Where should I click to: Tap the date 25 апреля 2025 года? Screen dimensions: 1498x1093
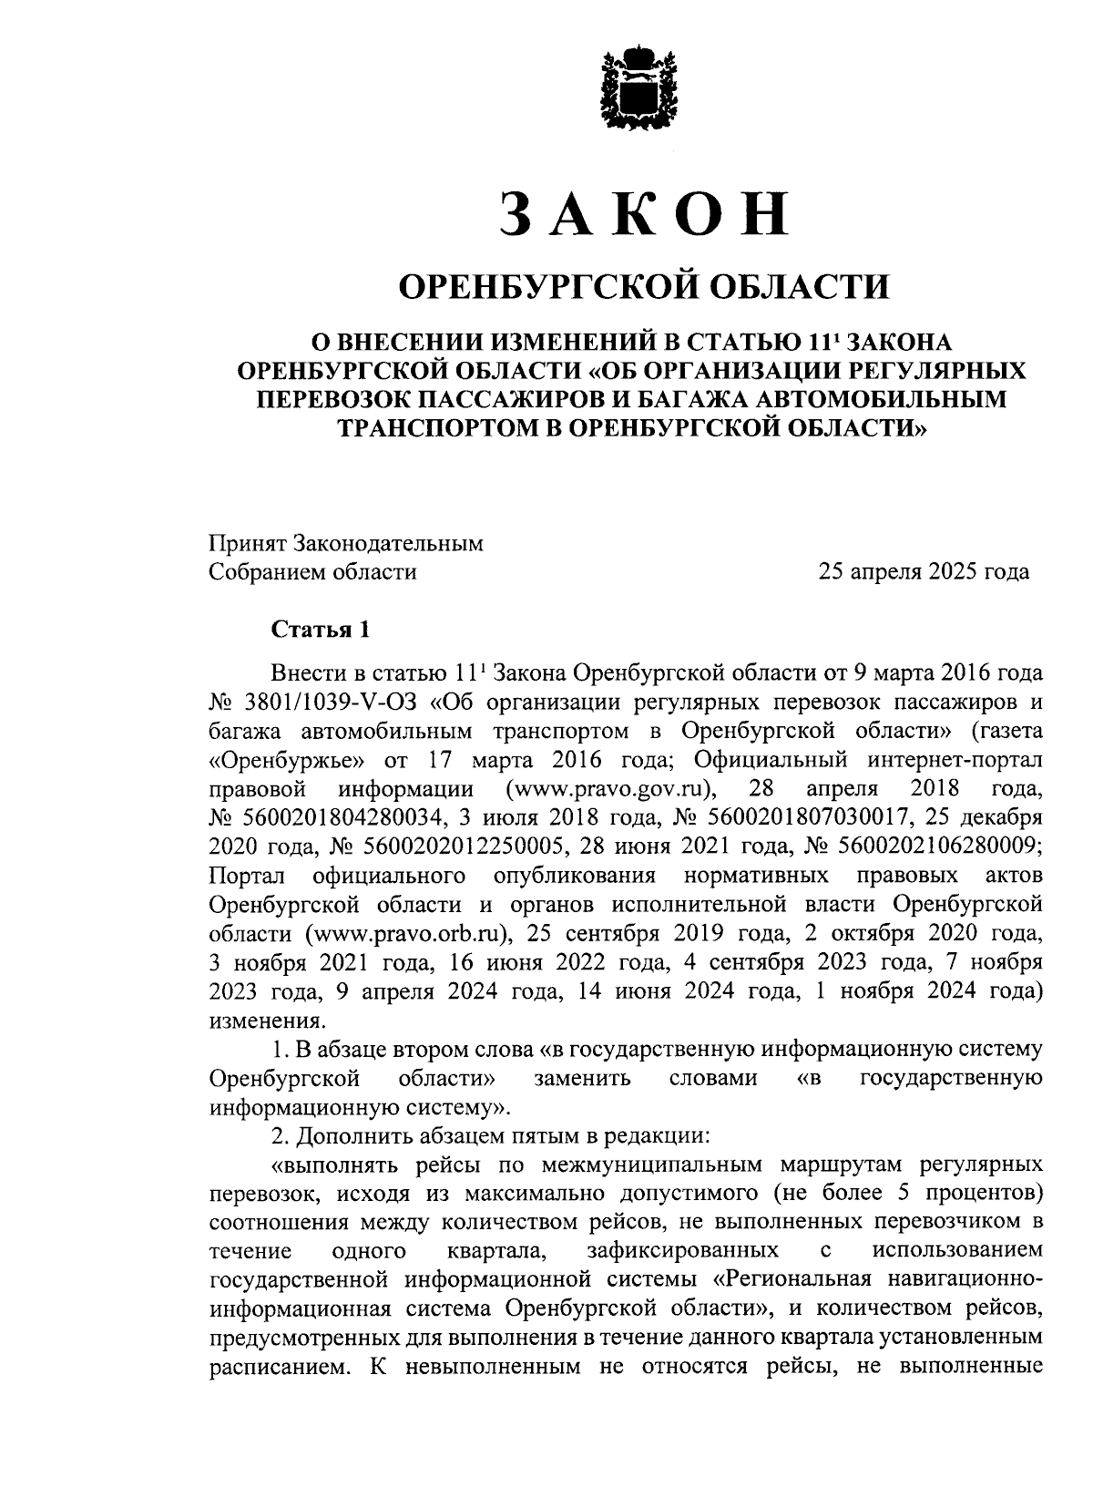click(924, 572)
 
